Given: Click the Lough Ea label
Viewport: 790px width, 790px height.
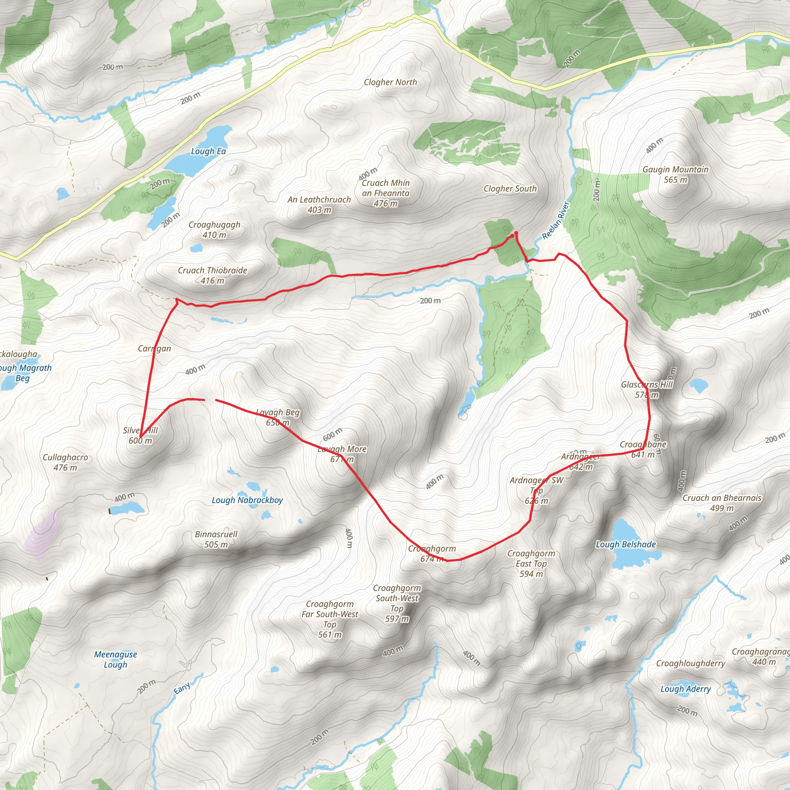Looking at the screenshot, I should pos(208,151).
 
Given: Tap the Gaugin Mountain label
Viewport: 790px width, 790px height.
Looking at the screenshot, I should pos(675,174).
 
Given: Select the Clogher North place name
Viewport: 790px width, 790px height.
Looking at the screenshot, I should pos(390,82).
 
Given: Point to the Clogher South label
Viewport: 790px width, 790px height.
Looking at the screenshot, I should pos(510,189).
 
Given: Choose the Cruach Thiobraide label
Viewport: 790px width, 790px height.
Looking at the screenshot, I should pos(212,275).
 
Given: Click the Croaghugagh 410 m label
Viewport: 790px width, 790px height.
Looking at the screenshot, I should pos(214,230).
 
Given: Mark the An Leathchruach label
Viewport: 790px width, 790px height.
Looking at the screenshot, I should pos(319,204).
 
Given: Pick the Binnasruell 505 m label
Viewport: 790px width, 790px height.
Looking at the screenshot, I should pos(216,539).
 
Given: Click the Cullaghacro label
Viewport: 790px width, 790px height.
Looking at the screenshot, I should pos(66,462).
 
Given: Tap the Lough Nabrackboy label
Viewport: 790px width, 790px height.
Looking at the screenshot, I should pos(247,500).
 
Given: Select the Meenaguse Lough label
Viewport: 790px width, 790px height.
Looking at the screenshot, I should pos(115,659).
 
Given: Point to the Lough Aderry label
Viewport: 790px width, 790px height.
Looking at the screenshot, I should pos(686,689).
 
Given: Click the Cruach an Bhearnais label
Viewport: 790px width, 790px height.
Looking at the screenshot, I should pos(722,503).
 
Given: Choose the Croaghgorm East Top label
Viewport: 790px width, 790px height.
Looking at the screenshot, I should pos(531,564).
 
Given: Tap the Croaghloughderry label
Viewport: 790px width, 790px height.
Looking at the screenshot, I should pos(690,663).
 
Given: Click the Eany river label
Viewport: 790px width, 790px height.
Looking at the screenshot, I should pos(182,688).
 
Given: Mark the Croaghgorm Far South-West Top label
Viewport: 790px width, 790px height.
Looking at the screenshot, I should pos(329,619).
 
